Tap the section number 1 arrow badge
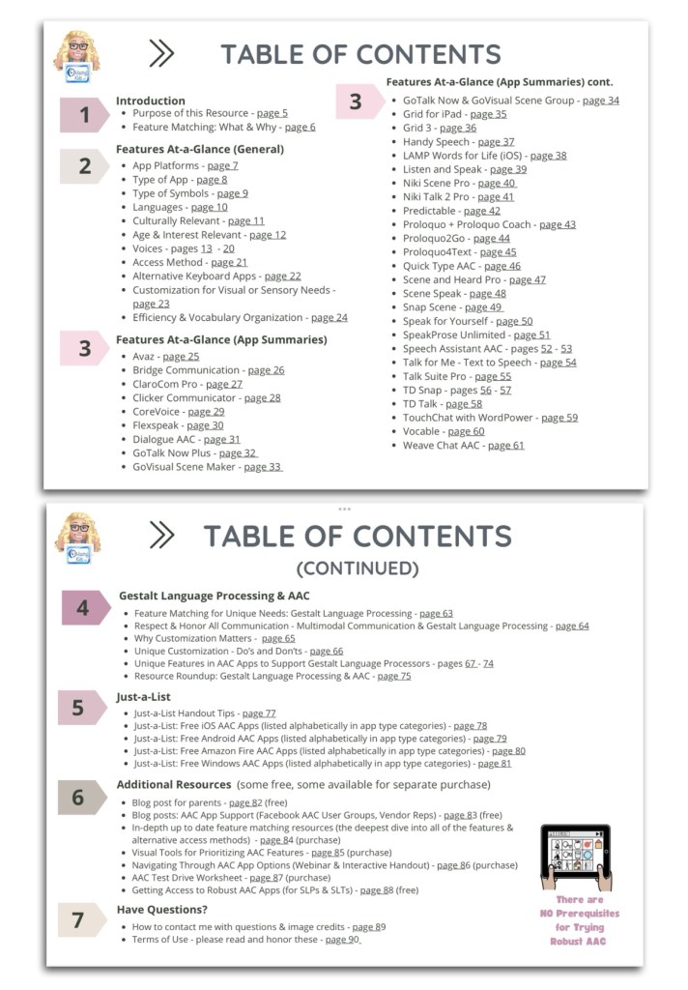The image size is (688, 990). (84, 115)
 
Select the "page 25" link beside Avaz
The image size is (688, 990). (181, 356)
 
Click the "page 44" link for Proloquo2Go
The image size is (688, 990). (491, 238)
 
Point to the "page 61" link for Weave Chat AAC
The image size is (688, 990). (505, 445)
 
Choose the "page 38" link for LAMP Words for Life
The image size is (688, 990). (548, 156)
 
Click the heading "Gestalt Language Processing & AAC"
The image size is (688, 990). (214, 597)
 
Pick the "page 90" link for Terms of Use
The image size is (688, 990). (342, 939)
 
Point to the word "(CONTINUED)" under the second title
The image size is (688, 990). (357, 568)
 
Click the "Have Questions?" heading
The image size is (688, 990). (162, 910)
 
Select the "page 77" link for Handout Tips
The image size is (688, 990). (258, 713)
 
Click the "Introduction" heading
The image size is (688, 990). (150, 101)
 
